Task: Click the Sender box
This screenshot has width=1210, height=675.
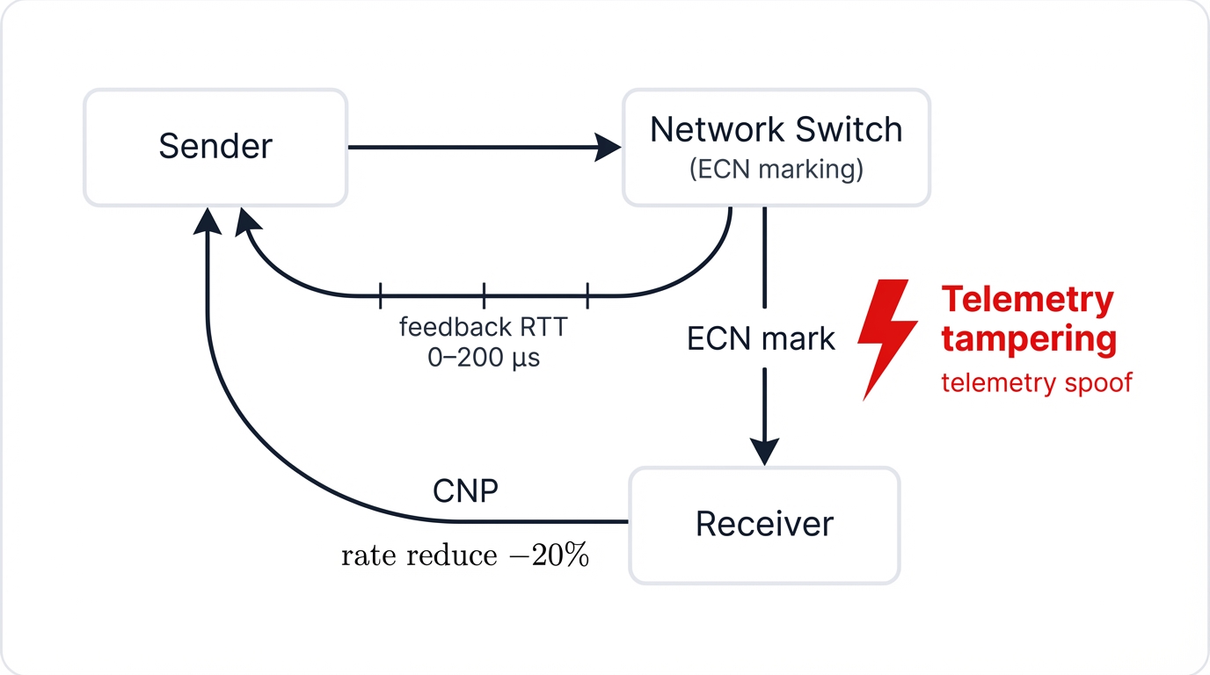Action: (x=215, y=147)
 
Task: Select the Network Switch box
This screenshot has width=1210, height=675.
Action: (x=776, y=147)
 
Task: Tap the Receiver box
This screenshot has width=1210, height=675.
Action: (x=764, y=525)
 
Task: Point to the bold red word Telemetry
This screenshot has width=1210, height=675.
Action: (x=1027, y=300)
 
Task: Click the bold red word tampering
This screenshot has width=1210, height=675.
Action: (x=1029, y=338)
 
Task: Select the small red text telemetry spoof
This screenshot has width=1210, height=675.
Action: (x=1036, y=383)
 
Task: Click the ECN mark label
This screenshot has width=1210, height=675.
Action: (x=761, y=338)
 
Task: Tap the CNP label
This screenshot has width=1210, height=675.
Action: (x=465, y=490)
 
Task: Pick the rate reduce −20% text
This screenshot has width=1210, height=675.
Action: (x=464, y=555)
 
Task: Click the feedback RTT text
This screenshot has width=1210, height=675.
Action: (x=483, y=327)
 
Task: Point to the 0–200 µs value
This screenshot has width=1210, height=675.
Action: (x=483, y=358)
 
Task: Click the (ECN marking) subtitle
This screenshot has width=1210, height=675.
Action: (x=776, y=169)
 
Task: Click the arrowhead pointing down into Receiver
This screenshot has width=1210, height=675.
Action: (x=764, y=452)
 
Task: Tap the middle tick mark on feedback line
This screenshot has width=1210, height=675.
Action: (x=484, y=295)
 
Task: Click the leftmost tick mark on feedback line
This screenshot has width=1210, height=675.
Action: (x=380, y=295)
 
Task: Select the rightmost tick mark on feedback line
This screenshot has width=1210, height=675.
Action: (x=587, y=295)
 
